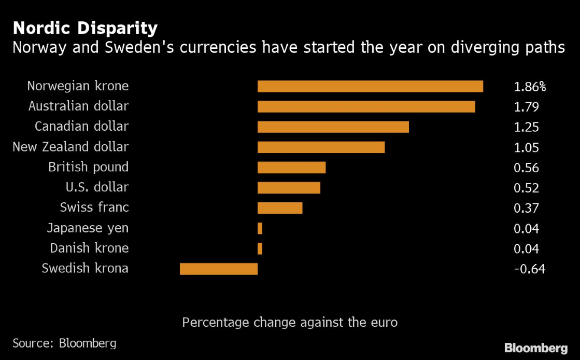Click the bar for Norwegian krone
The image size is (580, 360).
pyautogui.click(x=370, y=87)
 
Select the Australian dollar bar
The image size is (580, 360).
pyautogui.click(x=366, y=107)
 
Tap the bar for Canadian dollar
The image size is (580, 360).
pyautogui.click(x=333, y=127)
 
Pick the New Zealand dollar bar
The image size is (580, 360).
pyautogui.click(x=321, y=147)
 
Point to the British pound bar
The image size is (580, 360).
pyautogui.click(x=291, y=168)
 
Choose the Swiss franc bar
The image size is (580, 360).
pyautogui.click(x=280, y=208)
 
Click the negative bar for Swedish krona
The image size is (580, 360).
pyautogui.click(x=218, y=269)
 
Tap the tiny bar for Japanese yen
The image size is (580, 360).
pyautogui.click(x=260, y=228)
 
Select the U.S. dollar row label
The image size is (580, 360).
pyautogui.click(x=97, y=187)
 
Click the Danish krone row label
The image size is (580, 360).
pyautogui.click(x=89, y=248)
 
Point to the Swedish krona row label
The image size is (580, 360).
pyautogui.click(x=85, y=268)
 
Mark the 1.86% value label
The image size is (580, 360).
pyautogui.click(x=530, y=87)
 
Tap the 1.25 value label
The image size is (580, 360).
pyautogui.click(x=526, y=127)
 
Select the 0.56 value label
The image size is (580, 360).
pyautogui.click(x=526, y=168)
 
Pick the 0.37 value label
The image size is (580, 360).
pyautogui.click(x=526, y=208)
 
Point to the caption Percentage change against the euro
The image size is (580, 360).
pyautogui.click(x=290, y=322)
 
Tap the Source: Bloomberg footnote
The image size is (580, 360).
pyautogui.click(x=64, y=343)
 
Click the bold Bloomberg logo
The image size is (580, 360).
pyautogui.click(x=535, y=347)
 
